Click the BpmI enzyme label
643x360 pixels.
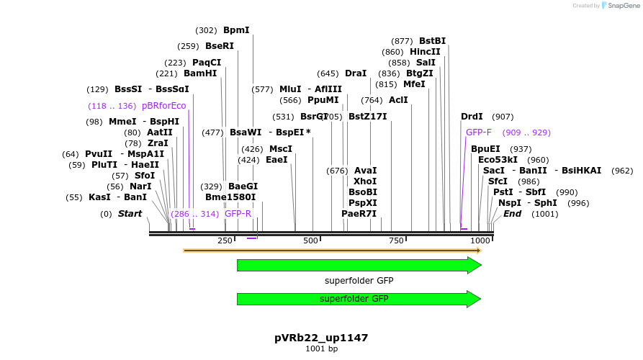(236, 30)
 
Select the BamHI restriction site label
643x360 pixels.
(200, 73)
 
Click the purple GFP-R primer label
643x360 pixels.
(238, 214)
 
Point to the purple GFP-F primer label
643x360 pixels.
(479, 132)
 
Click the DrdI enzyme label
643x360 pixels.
(472, 117)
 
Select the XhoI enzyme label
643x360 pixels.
(365, 181)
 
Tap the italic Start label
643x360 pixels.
(130, 214)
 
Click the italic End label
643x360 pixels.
(512, 214)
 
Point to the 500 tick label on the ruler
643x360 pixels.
(310, 240)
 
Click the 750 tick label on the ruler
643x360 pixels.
(395, 240)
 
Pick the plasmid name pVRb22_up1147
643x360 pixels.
(321, 337)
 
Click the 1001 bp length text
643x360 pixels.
(321, 348)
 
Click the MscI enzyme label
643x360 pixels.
(281, 149)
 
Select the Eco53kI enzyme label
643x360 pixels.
(498, 160)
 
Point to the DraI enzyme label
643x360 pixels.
(356, 73)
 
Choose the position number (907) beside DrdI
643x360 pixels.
(503, 117)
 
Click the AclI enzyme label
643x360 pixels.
(398, 100)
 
